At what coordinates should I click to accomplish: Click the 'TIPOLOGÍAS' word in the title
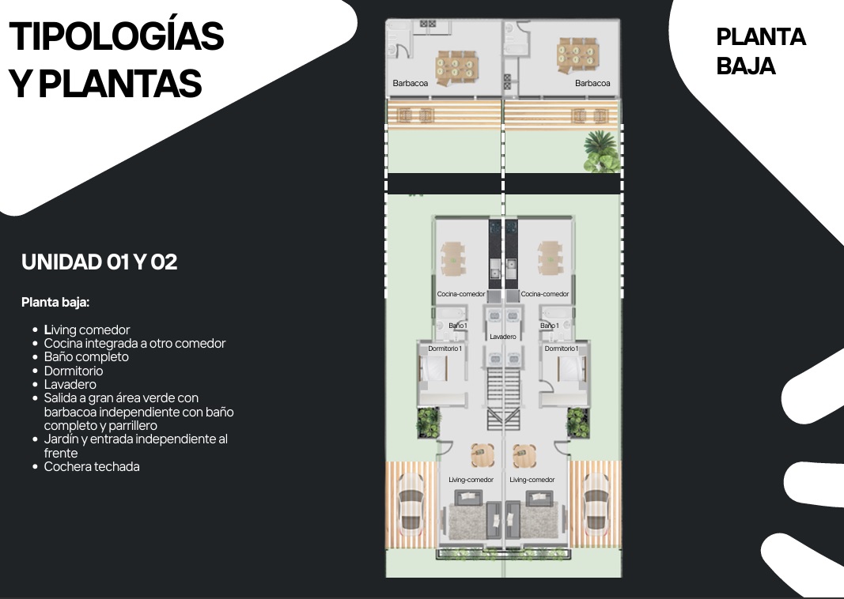click(x=116, y=36)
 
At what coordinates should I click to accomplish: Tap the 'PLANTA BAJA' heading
click(x=761, y=51)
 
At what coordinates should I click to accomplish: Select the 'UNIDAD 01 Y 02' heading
click(x=100, y=262)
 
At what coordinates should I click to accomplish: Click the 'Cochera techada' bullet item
click(x=92, y=467)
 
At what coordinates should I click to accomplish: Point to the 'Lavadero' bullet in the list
click(x=70, y=385)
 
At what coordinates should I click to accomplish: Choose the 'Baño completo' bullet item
click(x=86, y=357)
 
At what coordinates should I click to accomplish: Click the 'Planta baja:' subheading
click(x=55, y=302)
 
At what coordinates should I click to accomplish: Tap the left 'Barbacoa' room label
click(x=411, y=83)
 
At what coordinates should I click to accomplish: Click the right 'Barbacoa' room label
click(x=592, y=83)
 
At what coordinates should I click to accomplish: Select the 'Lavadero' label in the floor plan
click(x=503, y=337)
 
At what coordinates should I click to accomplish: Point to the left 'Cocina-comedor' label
click(x=460, y=294)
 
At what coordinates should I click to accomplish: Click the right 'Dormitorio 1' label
click(x=561, y=348)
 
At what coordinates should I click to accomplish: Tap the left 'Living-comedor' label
click(x=471, y=480)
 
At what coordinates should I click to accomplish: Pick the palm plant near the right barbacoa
click(x=600, y=151)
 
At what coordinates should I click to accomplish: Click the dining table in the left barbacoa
click(x=456, y=68)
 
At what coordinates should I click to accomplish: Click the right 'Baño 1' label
click(x=549, y=326)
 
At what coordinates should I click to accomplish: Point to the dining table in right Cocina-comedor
click(x=550, y=258)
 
